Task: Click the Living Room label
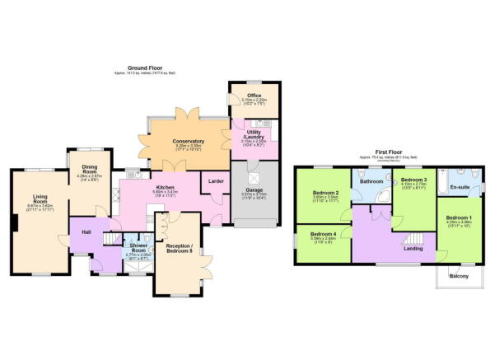[40, 198]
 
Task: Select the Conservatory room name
[189, 141]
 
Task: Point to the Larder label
[216, 180]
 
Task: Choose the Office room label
[255, 95]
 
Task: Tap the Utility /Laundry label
[253, 134]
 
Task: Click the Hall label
[86, 231]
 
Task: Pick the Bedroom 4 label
[323, 234]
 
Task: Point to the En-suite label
[458, 187]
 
